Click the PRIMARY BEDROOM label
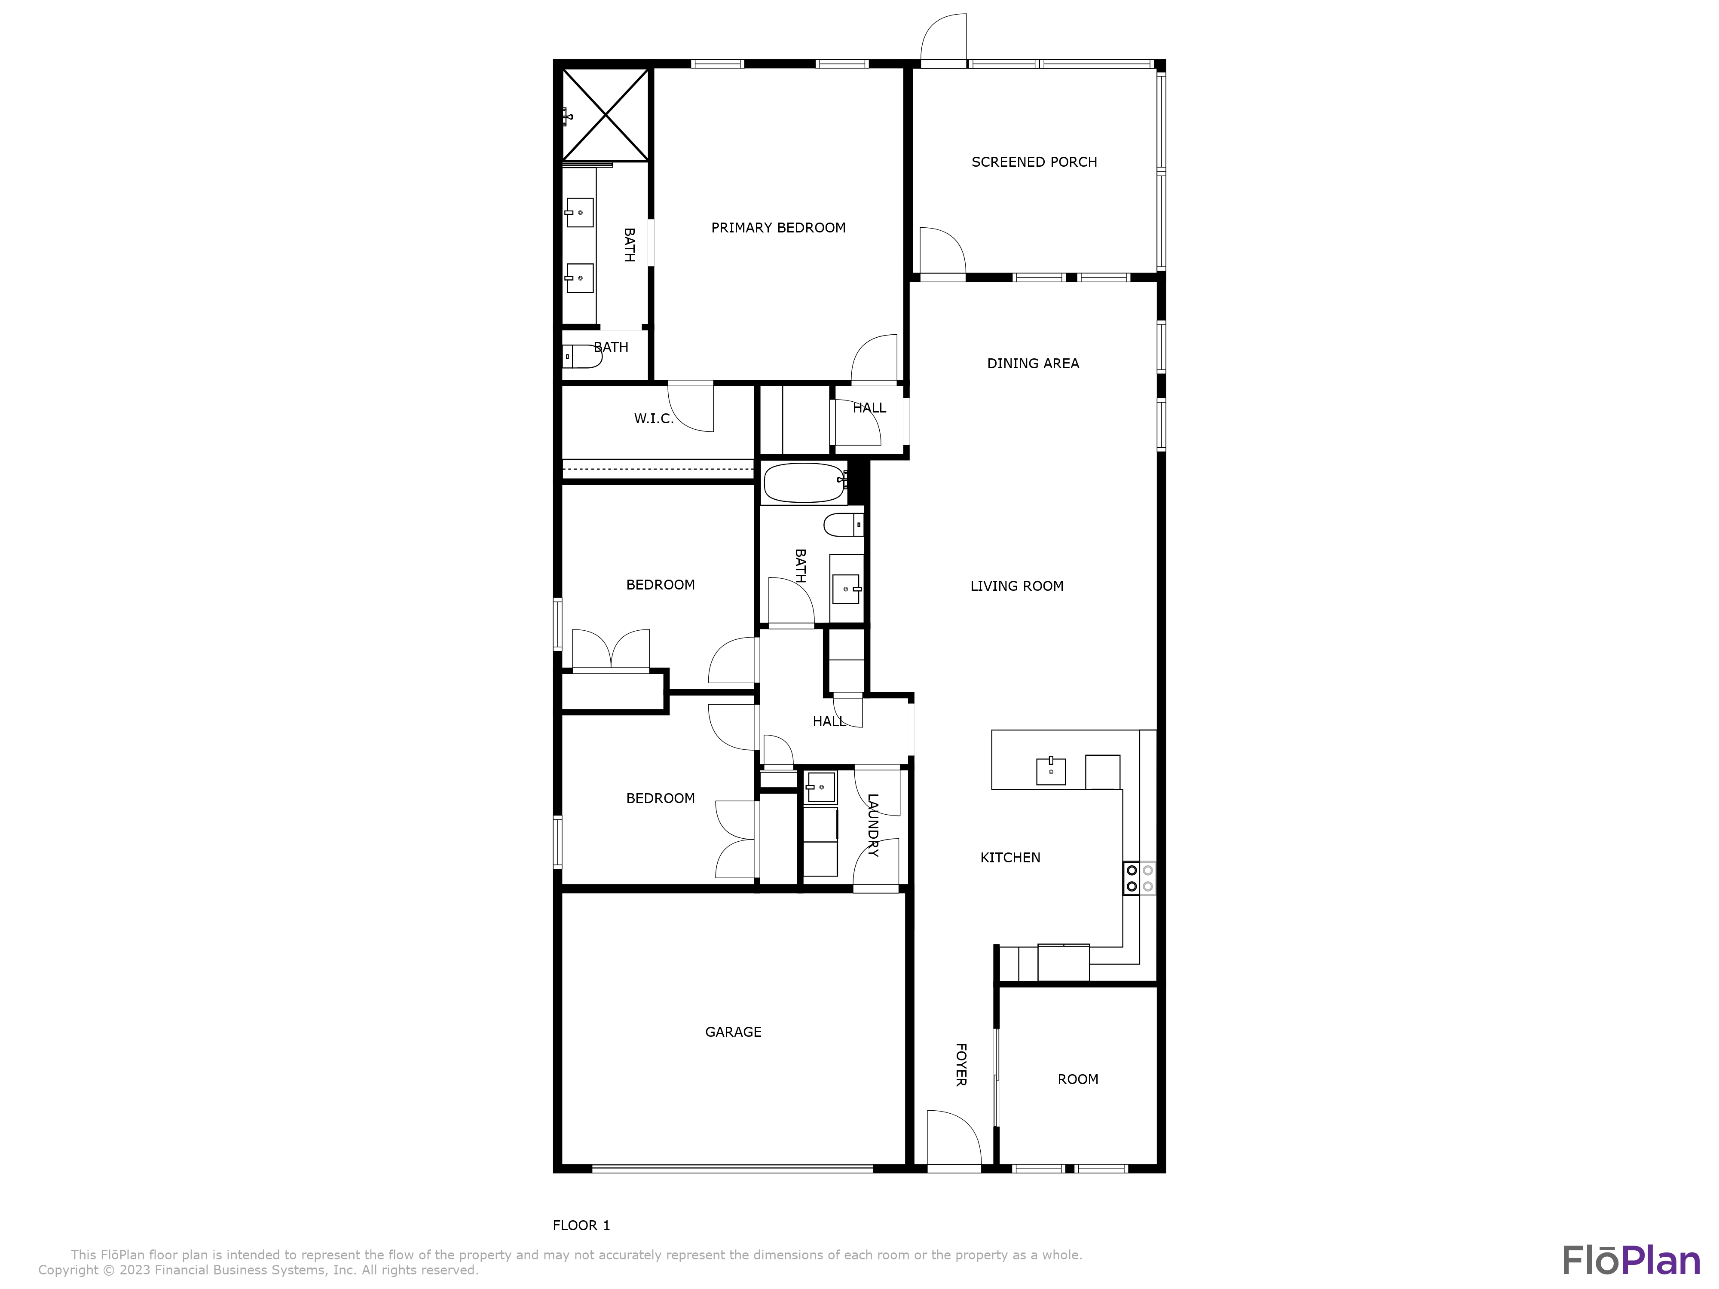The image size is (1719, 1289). [x=778, y=228]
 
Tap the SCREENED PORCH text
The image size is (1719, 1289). [x=1034, y=162]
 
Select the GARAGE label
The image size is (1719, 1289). [x=733, y=1032]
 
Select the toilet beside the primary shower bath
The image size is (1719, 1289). [x=581, y=357]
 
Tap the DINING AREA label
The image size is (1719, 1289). [x=1033, y=363]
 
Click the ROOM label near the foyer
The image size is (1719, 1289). [x=1077, y=1079]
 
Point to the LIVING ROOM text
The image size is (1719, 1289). [x=1016, y=586]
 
